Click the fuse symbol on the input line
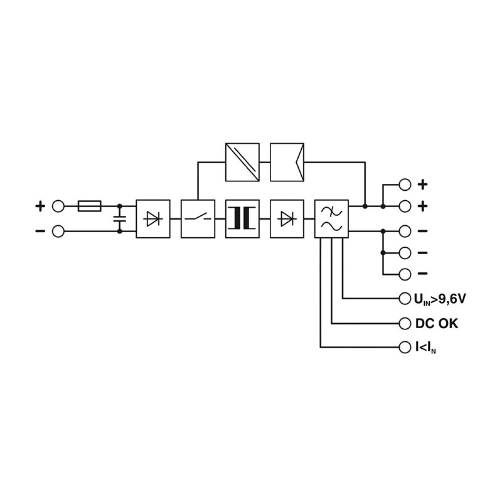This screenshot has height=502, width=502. point(89,205)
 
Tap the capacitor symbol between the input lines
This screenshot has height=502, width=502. point(119,218)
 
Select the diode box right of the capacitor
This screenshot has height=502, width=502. point(152,218)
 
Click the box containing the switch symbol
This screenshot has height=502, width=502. point(198,218)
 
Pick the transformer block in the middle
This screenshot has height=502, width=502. point(242,218)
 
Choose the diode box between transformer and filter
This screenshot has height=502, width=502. point(287,218)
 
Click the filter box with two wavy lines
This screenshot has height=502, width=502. point(331,218)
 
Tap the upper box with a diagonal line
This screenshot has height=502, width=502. point(242,161)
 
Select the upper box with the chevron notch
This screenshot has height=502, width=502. point(287,161)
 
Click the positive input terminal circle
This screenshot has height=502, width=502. point(59,205)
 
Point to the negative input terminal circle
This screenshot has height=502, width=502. point(59,232)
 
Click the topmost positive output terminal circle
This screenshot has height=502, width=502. point(405,184)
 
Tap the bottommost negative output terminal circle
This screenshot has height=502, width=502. point(405,274)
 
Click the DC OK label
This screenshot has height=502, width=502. point(436,324)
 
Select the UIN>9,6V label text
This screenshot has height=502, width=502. point(440,299)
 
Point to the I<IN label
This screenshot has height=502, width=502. point(426,347)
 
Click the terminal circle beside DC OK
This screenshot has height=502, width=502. point(405,324)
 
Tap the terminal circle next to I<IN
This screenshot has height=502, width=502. point(405,346)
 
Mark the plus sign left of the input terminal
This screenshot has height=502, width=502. point(40,205)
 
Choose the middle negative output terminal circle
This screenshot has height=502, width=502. point(405,253)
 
